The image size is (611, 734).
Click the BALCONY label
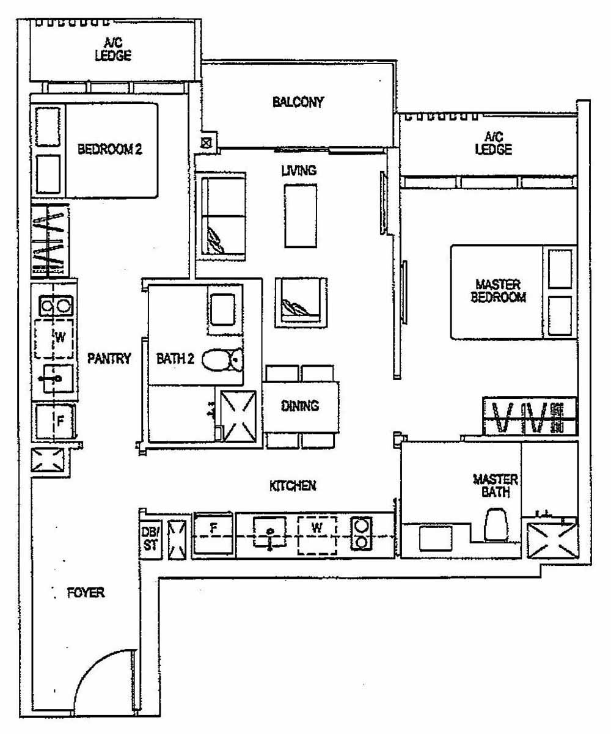coord(298,102)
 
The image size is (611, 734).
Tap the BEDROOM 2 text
coord(110,150)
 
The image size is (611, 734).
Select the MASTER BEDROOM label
coord(497,291)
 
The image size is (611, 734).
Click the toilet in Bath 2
coord(220,361)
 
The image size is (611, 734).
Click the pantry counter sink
coord(56,380)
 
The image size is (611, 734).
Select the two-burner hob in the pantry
coord(55,305)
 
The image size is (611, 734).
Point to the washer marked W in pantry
coord(55,338)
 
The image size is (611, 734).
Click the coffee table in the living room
coord(301,216)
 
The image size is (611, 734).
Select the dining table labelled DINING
coord(301,406)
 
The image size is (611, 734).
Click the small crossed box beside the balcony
coord(207,142)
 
